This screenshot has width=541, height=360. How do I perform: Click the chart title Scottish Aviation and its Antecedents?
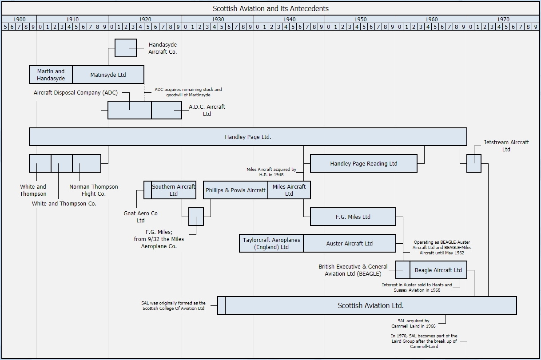[x=270, y=8]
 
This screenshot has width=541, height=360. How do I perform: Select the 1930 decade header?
[x=218, y=20]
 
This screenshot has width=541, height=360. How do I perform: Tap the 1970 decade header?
[x=503, y=20]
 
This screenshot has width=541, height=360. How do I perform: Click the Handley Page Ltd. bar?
[x=248, y=137]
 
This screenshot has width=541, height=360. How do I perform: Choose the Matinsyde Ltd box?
[x=108, y=75]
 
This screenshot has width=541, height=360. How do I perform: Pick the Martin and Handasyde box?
[x=51, y=75]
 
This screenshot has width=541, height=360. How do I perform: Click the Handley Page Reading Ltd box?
[x=364, y=163]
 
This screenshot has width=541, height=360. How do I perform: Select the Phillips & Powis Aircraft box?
[x=235, y=190]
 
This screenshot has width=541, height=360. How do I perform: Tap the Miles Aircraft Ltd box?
[x=289, y=190]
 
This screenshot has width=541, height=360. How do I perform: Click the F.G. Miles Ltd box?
[x=353, y=217]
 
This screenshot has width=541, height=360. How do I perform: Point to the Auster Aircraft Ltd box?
[x=350, y=243]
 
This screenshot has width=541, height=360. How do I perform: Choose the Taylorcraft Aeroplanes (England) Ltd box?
[x=271, y=243]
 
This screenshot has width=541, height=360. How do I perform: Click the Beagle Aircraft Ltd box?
[x=438, y=270]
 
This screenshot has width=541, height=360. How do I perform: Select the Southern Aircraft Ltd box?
[x=173, y=190]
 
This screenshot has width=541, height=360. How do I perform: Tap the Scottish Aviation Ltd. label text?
[x=371, y=305]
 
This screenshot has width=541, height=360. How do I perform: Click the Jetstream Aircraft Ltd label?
[x=506, y=146]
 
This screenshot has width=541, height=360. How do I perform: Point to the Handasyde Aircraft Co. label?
[x=163, y=48]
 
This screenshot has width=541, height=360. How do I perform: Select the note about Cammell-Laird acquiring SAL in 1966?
[x=414, y=323]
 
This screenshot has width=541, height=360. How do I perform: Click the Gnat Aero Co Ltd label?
[x=140, y=217]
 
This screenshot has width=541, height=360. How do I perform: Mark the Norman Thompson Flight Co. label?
[x=94, y=190]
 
